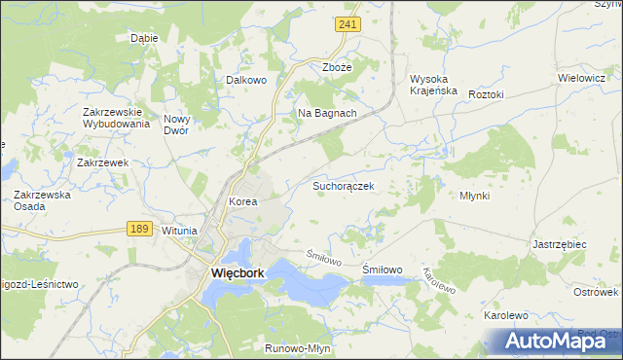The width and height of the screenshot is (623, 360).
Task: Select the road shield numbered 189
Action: pos(138,228)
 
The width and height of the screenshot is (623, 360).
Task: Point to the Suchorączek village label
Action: pos(343,184)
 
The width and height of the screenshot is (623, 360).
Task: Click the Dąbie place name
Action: pos(144,39)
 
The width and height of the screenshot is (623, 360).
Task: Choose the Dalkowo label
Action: pos(245,81)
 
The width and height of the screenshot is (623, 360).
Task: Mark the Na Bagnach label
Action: pos(327,113)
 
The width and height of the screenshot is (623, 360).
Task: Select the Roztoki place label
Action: pos(485,94)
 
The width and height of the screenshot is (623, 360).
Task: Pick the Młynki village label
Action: pos(474,196)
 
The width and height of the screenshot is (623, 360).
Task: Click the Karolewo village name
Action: pos(505,316)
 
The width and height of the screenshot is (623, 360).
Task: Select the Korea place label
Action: pos(241,202)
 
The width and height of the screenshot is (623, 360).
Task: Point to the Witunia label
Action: pos(179,231)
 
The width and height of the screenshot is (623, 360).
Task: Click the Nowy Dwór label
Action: pos(182,124)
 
